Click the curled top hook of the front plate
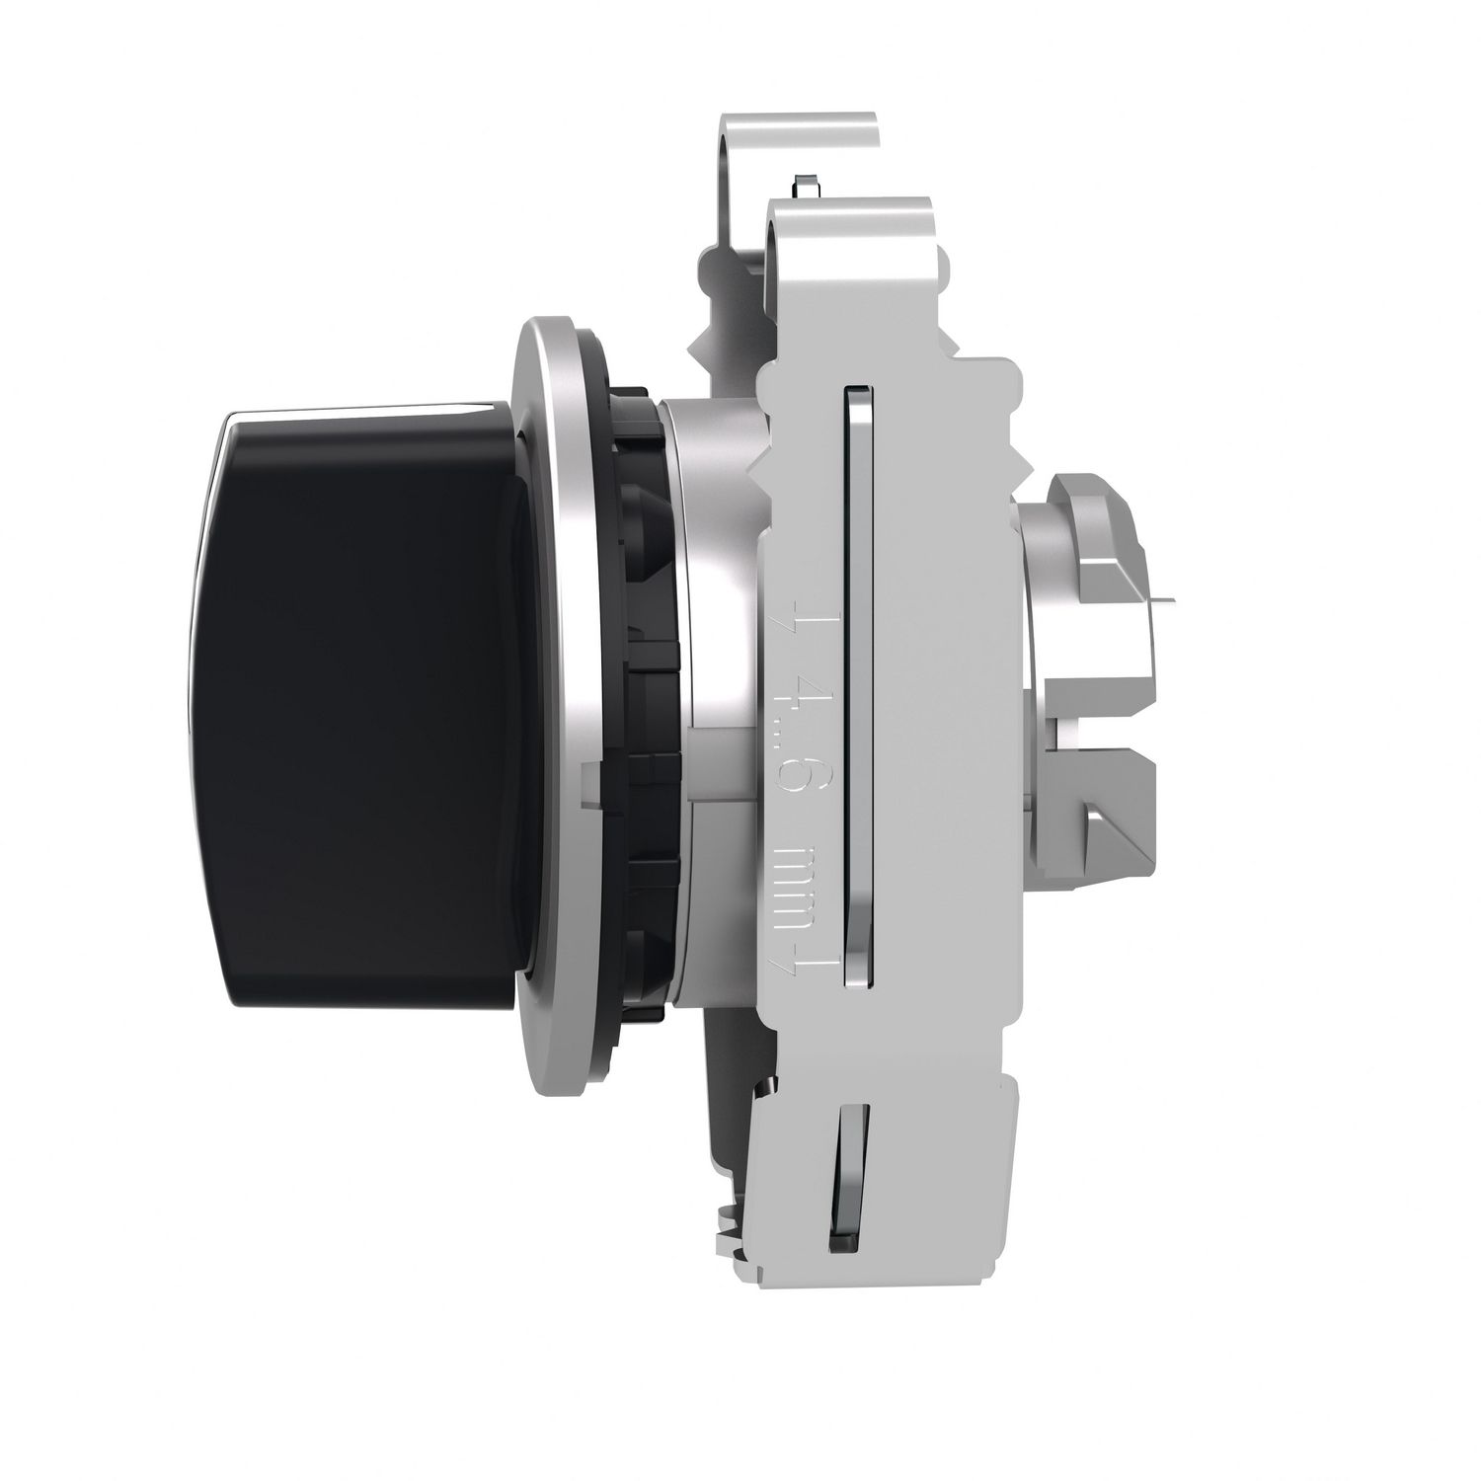(x=849, y=212)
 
